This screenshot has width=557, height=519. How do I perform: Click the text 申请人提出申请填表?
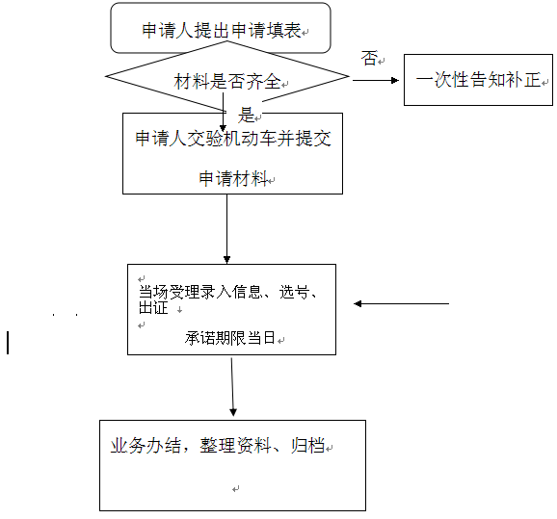(222, 30)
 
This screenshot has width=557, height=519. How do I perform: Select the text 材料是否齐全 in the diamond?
(227, 81)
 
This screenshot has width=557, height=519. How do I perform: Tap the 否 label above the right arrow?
(369, 58)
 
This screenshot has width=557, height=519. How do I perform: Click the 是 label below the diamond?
(246, 115)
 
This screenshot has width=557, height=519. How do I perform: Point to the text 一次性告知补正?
(479, 80)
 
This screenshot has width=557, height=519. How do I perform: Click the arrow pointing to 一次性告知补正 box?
(376, 80)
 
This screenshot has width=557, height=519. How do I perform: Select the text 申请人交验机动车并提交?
(233, 139)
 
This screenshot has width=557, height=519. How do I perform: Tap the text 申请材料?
(233, 178)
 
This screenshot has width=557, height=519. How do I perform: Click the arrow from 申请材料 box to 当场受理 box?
(227, 229)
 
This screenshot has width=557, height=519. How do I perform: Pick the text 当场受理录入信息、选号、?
(227, 292)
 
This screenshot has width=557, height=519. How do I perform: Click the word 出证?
(153, 307)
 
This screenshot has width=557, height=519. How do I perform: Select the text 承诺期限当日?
(229, 338)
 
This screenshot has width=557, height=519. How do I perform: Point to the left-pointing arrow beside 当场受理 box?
(402, 304)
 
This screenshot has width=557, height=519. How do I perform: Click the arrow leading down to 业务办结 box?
(232, 387)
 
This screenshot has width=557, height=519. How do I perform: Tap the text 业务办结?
(146, 446)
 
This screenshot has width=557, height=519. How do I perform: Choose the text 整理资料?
(235, 446)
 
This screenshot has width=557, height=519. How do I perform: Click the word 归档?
(307, 446)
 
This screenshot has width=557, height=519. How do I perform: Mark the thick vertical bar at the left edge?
(8, 343)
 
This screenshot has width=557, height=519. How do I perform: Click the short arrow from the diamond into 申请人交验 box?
(223, 113)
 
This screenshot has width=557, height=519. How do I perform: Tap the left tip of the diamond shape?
(106, 76)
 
